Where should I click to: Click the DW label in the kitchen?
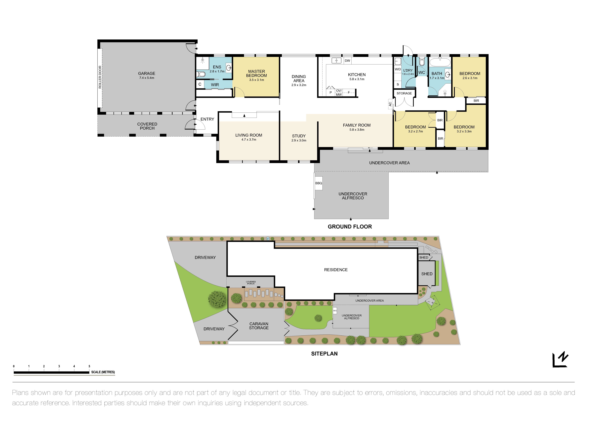[x=347, y=61]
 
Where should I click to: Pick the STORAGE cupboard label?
[x=404, y=93]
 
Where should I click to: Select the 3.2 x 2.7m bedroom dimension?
[x=415, y=131]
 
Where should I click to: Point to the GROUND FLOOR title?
[x=350, y=227]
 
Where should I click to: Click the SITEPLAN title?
[x=324, y=354]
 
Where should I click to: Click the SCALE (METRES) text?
[x=103, y=372]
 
